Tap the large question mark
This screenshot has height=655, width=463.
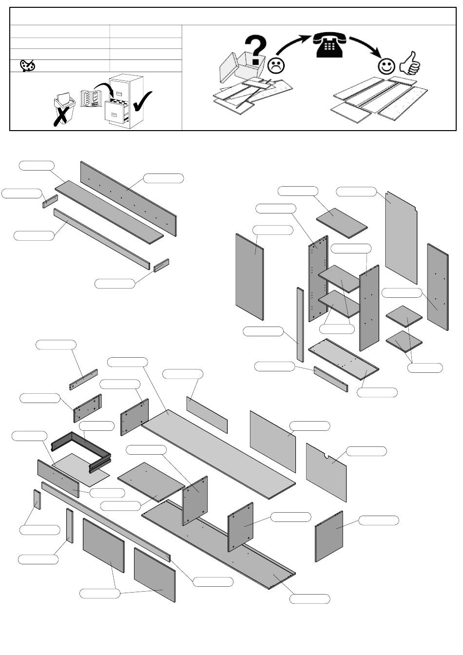pos(256,49)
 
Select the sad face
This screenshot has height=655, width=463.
pos(276,65)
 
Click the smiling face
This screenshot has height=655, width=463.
pos(387,66)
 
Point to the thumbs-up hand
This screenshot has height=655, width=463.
pos(409,63)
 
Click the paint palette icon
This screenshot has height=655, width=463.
pos(27,65)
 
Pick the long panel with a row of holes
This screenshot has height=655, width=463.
pos(128,198)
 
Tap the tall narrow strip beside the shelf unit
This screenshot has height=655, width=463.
pos(300,324)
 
